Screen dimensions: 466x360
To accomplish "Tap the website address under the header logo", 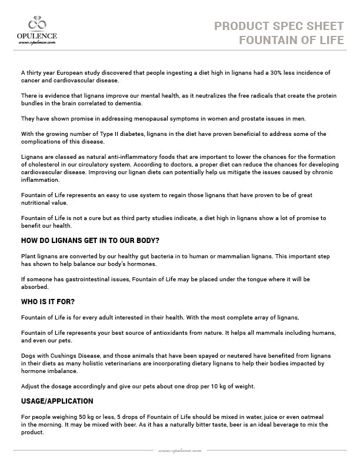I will (36, 42).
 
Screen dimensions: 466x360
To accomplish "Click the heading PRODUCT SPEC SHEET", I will (279, 26).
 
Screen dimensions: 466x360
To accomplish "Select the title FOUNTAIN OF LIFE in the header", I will (291, 40).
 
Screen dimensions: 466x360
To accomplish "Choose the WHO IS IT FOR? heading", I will (48, 302).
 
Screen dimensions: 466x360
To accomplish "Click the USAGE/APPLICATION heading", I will (57, 401).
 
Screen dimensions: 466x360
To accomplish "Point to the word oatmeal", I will (312, 417).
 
